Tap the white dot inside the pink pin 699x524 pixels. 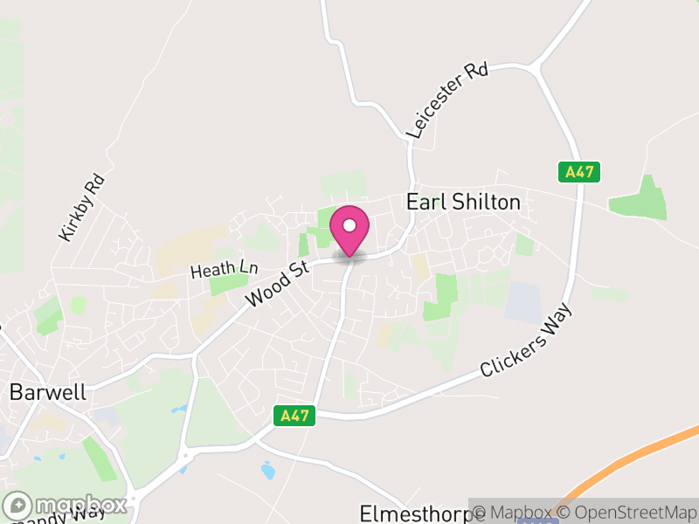[x=349, y=225]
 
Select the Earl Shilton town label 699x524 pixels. [x=463, y=203]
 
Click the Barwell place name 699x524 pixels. [x=47, y=392]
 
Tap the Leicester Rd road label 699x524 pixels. [x=446, y=100]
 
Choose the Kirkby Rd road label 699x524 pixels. [x=82, y=208]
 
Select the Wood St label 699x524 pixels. [x=279, y=283]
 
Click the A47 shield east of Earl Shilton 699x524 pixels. [x=579, y=172]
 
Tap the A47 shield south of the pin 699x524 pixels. [x=294, y=416]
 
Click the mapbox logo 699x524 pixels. [x=66, y=505]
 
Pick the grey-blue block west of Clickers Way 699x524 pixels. [x=523, y=301]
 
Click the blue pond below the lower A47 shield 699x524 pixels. [x=267, y=471]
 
